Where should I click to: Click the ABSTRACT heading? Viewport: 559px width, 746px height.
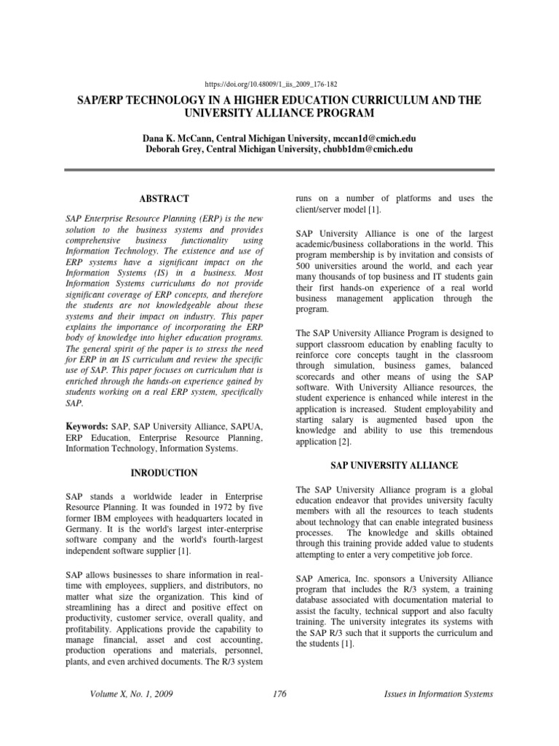(x=164, y=198)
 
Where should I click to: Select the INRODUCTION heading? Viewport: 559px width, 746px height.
(x=164, y=473)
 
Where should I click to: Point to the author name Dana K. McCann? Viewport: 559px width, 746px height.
(x=182, y=137)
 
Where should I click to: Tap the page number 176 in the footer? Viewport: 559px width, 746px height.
(x=279, y=694)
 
